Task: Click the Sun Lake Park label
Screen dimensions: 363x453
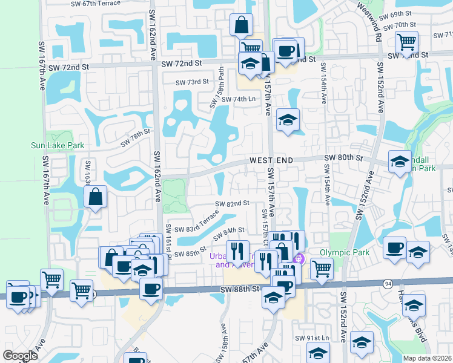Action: pyautogui.click(x=58, y=145)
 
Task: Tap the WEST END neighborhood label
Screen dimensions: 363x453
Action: pyautogui.click(x=271, y=160)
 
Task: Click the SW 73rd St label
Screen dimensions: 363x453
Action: pyautogui.click(x=192, y=82)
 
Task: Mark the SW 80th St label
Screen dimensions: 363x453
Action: pyautogui.click(x=343, y=158)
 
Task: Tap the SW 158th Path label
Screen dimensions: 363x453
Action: pyautogui.click(x=216, y=96)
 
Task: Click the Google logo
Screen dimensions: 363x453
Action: pyautogui.click(x=20, y=356)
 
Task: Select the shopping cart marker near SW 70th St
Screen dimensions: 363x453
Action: pyautogui.click(x=406, y=42)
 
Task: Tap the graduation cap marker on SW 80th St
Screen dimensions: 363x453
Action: pyautogui.click(x=400, y=162)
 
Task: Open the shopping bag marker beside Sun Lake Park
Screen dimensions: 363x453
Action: pyautogui.click(x=96, y=197)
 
